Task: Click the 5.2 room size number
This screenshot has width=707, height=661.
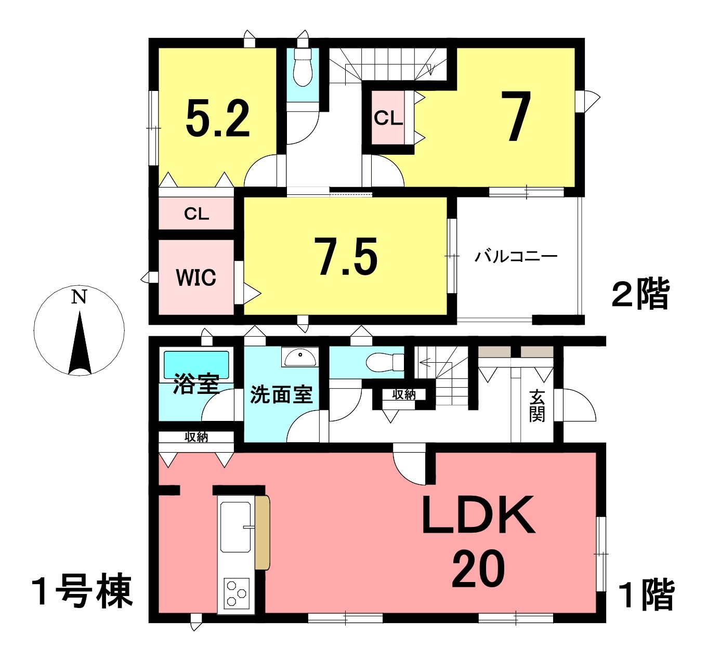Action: [x=217, y=118]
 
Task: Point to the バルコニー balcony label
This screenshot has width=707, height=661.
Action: [x=516, y=256]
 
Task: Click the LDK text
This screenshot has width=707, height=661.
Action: [x=478, y=514]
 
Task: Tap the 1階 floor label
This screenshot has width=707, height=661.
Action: [x=646, y=595]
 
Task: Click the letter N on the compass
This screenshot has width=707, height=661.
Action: [x=79, y=297]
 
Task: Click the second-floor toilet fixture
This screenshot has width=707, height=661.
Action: [x=303, y=67]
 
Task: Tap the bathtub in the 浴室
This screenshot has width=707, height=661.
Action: [x=196, y=365]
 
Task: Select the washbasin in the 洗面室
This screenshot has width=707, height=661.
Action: [x=299, y=357]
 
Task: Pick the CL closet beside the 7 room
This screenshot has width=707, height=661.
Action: [x=388, y=118]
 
